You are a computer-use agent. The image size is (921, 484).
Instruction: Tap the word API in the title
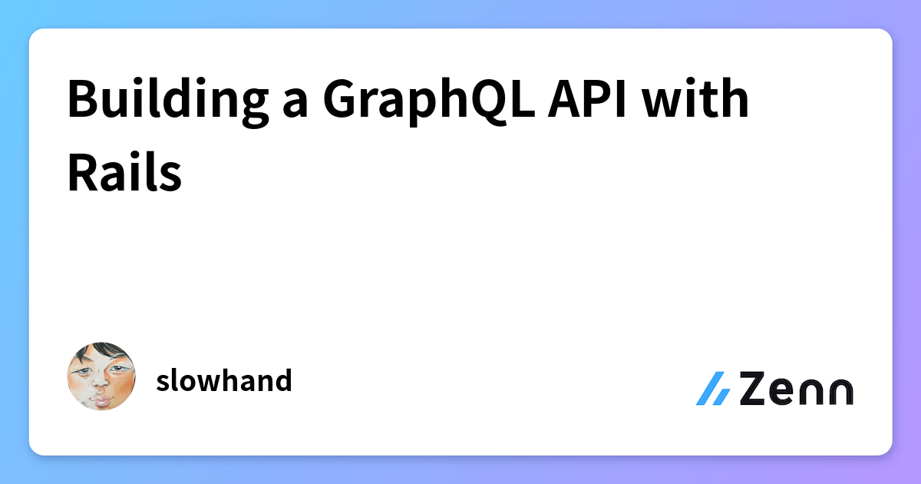(587, 99)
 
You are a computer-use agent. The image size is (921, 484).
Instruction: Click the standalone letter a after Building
(295, 104)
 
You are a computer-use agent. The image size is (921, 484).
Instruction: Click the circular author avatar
(101, 376)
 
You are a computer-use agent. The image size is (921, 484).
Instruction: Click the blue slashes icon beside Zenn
(713, 389)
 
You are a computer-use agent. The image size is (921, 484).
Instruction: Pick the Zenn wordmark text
(797, 389)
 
